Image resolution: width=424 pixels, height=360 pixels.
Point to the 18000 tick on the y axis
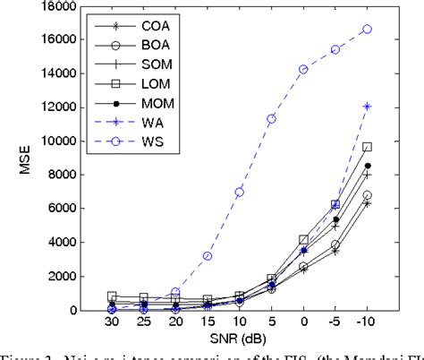tap(72, 6)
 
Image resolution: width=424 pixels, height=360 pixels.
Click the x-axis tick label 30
tap(112, 321)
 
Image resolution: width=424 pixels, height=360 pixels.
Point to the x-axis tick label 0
tap(304, 321)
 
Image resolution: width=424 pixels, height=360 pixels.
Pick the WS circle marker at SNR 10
tap(240, 193)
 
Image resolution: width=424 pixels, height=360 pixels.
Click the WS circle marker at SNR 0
tap(304, 69)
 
